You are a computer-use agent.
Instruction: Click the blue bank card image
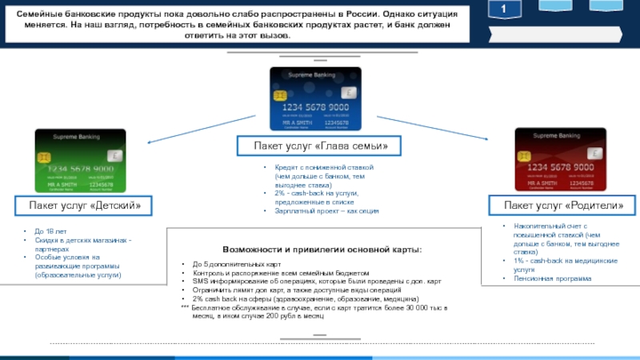(x=316, y=98)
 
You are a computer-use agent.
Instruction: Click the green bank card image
(x=79, y=162)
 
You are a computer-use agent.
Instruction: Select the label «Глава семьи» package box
(x=320, y=146)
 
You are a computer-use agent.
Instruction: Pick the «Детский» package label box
(x=85, y=206)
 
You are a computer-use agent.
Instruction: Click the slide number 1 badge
(x=505, y=9)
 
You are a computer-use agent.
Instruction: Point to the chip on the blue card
(x=280, y=96)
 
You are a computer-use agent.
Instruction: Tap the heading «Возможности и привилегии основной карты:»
(x=321, y=250)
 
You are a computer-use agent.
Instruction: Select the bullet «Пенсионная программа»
(x=553, y=278)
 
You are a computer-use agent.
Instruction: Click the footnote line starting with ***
(x=316, y=308)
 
